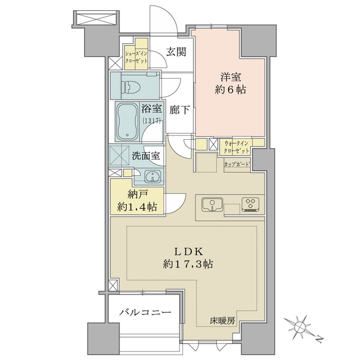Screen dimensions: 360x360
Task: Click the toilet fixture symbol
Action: pyautogui.click(x=133, y=87)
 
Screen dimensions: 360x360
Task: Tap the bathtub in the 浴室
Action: pyautogui.click(x=128, y=122)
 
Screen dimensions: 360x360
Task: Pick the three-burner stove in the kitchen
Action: pyautogui.click(x=250, y=205)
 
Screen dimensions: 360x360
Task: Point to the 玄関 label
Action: pyautogui.click(x=176, y=52)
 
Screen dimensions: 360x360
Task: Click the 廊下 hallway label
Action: pyautogui.click(x=179, y=110)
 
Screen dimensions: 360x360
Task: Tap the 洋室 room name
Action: pyautogui.click(x=231, y=77)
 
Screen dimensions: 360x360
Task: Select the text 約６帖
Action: pyautogui.click(x=230, y=89)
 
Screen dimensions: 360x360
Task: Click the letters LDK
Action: pyautogui.click(x=189, y=252)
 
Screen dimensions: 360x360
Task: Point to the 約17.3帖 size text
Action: pyautogui.click(x=188, y=264)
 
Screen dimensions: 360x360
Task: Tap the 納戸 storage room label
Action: pyautogui.click(x=137, y=194)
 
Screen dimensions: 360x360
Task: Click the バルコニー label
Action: pyautogui.click(x=145, y=313)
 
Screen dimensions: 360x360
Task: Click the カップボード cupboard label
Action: pyautogui.click(x=237, y=164)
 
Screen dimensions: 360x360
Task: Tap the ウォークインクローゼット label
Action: pyautogui.click(x=236, y=147)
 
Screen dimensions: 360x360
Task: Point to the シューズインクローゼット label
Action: pyautogui.click(x=136, y=58)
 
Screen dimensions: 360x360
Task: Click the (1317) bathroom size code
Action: pyautogui.click(x=151, y=121)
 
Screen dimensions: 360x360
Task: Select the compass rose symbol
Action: pyautogui.click(x=298, y=326)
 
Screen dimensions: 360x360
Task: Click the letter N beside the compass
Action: pyautogui.click(x=319, y=339)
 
